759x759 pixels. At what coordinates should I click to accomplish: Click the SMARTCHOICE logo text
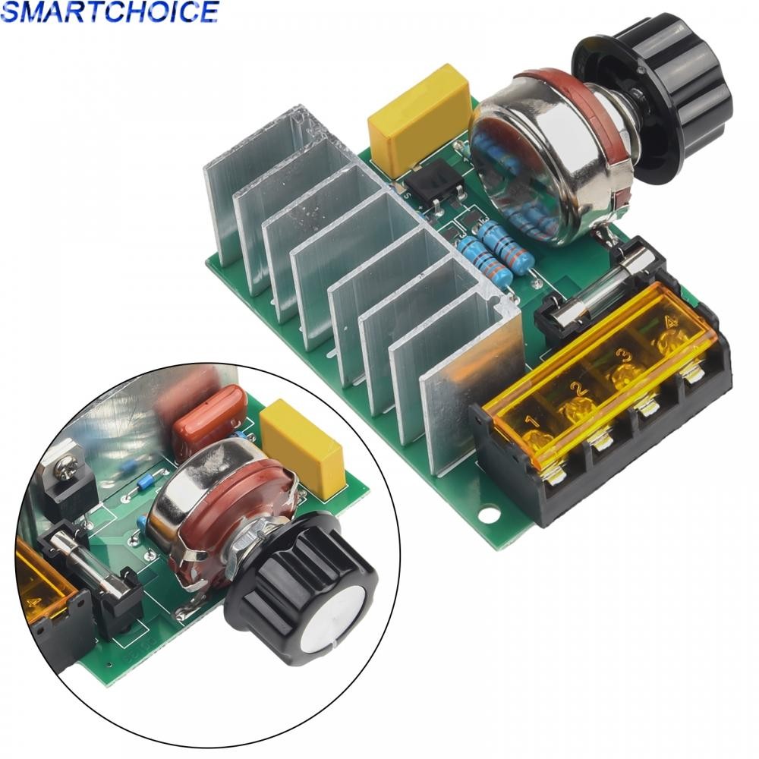coord(110,11)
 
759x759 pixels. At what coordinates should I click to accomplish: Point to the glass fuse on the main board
coord(600,292)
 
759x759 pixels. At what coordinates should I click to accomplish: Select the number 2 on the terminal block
coord(578,389)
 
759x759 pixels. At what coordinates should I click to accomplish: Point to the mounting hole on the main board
coord(486,517)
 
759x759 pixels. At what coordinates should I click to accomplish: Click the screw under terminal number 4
coord(691,372)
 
